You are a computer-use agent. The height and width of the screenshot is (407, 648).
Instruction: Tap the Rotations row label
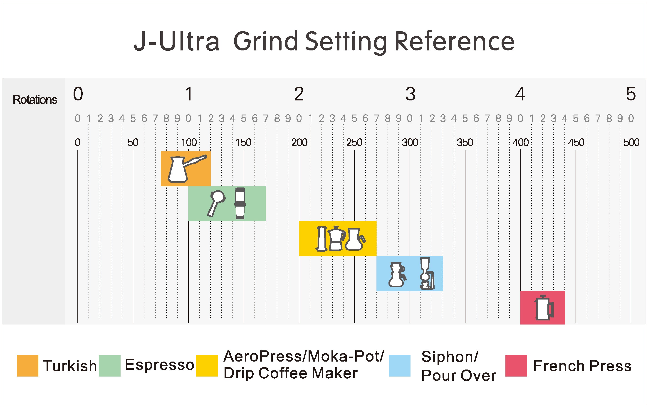click(x=35, y=100)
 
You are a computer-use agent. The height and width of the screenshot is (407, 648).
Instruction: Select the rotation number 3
click(x=410, y=94)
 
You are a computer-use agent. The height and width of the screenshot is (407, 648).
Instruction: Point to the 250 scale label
click(x=354, y=142)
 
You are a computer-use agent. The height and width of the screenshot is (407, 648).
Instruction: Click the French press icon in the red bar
click(x=544, y=308)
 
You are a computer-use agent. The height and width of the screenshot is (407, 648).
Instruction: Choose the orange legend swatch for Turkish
click(x=27, y=366)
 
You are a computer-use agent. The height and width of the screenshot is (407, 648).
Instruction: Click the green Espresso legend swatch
click(x=109, y=366)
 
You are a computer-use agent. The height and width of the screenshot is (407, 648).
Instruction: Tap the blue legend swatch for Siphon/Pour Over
click(x=400, y=366)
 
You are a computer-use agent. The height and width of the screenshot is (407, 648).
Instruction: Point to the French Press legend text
click(x=582, y=366)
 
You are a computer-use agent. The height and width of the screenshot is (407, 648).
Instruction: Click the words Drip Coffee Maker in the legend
click(x=290, y=373)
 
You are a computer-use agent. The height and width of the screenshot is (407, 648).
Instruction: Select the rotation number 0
click(x=78, y=94)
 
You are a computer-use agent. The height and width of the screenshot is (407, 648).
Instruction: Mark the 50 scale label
click(x=133, y=142)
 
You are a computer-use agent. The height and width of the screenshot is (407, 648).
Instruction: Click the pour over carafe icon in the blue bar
click(x=397, y=275)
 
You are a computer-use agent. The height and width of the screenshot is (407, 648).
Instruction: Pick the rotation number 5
click(x=631, y=94)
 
